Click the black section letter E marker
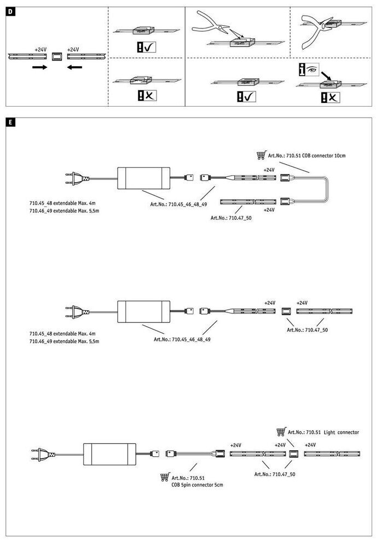10,121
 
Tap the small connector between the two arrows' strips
56,56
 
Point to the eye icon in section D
311,71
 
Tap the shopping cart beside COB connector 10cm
261,155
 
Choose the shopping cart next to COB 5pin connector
165,478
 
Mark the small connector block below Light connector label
293,453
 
